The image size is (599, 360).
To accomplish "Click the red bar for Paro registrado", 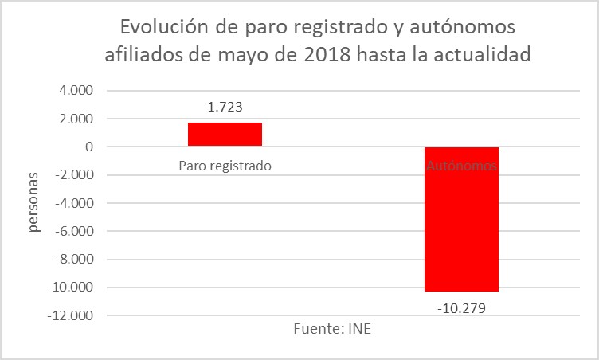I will point(225,135).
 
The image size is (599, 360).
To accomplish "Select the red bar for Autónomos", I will point(461,219).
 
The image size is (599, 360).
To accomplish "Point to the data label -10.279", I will point(461,307).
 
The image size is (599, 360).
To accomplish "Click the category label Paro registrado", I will point(225,166).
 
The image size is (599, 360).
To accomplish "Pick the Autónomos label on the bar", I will point(461,166).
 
